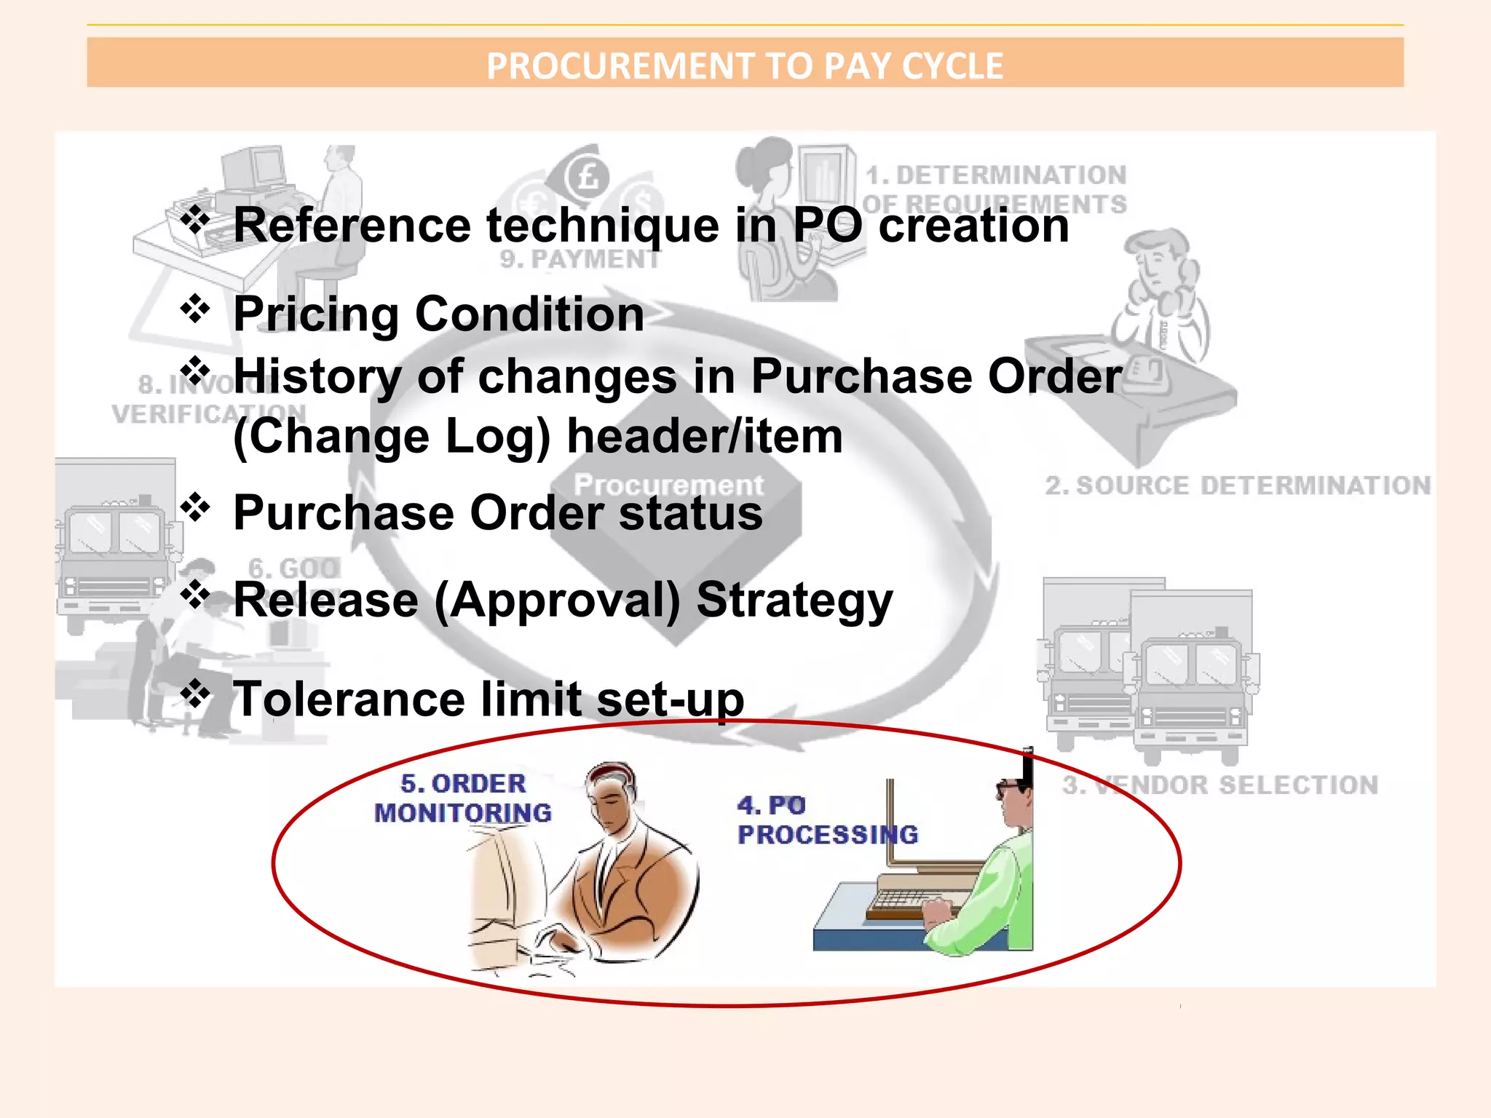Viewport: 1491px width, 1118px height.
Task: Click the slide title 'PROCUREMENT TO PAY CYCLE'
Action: [x=744, y=66]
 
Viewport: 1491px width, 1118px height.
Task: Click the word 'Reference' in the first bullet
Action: [x=352, y=225]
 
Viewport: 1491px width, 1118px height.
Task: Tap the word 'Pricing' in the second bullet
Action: [x=315, y=314]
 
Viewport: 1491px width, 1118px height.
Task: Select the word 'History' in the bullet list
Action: [x=317, y=377]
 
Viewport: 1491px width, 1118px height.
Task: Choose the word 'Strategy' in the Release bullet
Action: [x=794, y=601]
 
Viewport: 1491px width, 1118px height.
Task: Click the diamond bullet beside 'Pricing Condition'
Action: [x=195, y=309]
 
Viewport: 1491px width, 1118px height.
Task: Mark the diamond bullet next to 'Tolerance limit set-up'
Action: [x=195, y=693]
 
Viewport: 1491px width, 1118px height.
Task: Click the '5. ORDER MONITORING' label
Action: [x=463, y=798]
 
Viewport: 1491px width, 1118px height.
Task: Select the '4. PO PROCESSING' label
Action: [x=827, y=820]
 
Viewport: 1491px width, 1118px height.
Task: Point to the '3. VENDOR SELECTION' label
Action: [x=1220, y=785]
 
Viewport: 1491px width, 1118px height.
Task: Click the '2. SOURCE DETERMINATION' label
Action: [x=1238, y=485]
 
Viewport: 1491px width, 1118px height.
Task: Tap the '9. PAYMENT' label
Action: [x=580, y=259]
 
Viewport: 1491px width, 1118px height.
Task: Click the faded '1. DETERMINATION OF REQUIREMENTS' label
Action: [x=996, y=189]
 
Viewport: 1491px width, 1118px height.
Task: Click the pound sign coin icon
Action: [x=587, y=176]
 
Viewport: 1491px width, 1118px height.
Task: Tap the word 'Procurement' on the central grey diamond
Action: [x=668, y=485]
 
